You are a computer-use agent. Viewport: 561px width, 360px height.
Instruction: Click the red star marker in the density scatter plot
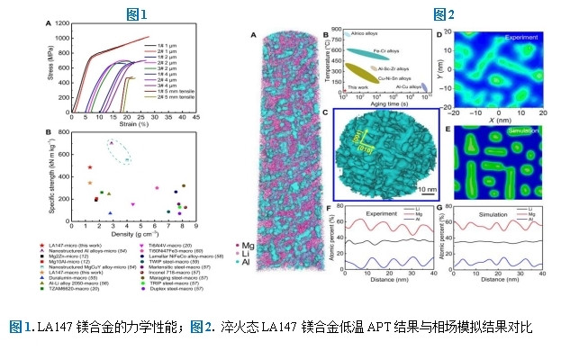pyautogui.click(x=89, y=166)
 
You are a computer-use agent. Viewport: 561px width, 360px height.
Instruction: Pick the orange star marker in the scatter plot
pyautogui.click(x=89, y=183)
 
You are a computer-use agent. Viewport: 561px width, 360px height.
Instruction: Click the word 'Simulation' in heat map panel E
pyautogui.click(x=522, y=131)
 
